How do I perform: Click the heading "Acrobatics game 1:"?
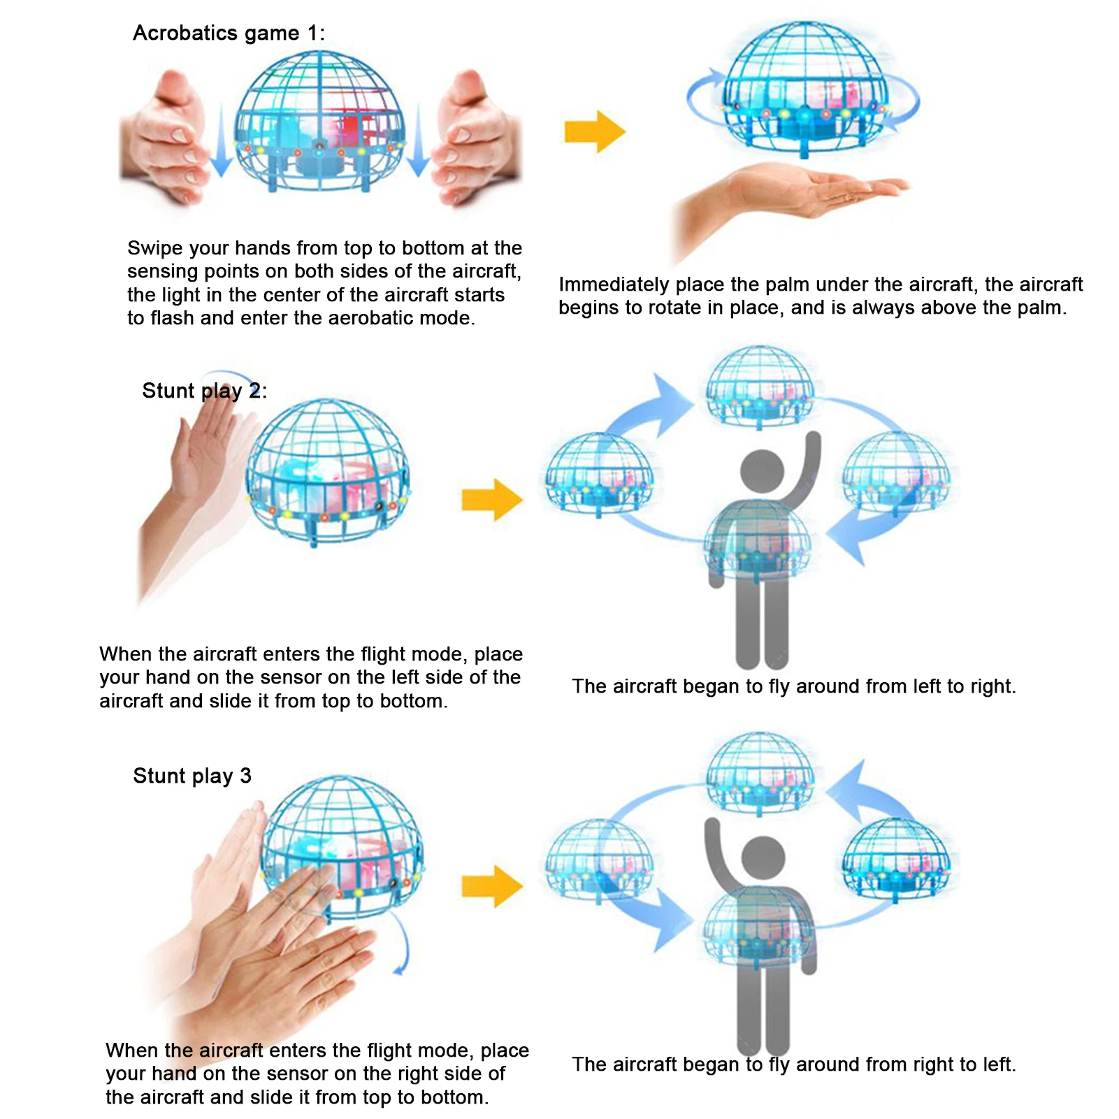coord(229,33)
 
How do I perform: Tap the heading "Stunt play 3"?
coord(192,776)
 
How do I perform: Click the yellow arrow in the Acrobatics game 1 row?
coord(595,131)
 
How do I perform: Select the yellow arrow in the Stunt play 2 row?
coord(492,500)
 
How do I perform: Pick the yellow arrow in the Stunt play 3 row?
coord(492,886)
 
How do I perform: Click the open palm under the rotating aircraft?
coord(790,203)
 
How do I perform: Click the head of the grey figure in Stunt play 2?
coord(762,470)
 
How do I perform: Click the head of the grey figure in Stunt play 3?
coord(763,857)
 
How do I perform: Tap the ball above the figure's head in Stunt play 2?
coord(760,387)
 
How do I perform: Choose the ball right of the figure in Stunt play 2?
coord(896,474)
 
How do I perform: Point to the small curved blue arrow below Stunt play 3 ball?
coord(403,944)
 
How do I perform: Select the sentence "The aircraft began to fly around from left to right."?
coord(794,686)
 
